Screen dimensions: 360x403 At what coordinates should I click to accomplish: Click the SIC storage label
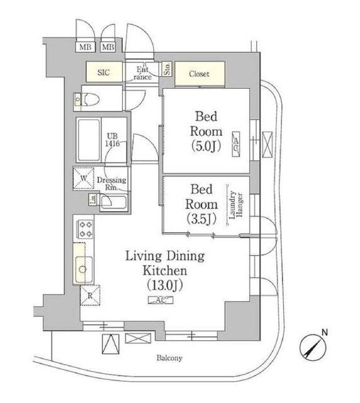(x=104, y=72)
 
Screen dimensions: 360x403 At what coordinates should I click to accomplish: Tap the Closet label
(x=199, y=74)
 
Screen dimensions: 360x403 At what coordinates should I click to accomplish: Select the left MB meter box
(x=86, y=47)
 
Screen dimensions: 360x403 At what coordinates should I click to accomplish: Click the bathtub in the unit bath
(x=89, y=140)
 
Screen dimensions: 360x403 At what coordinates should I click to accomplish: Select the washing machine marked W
(x=84, y=178)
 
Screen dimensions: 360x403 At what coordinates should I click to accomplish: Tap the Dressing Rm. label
(x=111, y=183)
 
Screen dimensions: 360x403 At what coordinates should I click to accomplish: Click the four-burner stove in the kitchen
(x=86, y=229)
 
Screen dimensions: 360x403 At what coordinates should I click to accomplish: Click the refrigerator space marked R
(x=90, y=295)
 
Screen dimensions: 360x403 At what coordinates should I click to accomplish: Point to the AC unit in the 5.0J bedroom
(x=236, y=144)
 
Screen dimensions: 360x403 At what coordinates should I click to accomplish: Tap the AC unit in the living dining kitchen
(x=161, y=300)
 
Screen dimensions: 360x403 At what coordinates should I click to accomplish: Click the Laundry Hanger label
(x=236, y=205)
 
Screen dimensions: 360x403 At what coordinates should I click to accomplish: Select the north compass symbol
(x=313, y=346)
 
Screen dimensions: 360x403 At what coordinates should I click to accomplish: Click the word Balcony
(x=169, y=358)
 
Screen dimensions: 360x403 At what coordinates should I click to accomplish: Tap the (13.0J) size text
(x=165, y=285)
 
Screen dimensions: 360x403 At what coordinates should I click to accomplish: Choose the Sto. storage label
(x=167, y=69)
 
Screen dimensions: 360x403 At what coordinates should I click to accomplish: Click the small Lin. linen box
(x=93, y=200)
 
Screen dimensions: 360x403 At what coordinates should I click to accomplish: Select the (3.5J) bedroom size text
(x=201, y=219)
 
